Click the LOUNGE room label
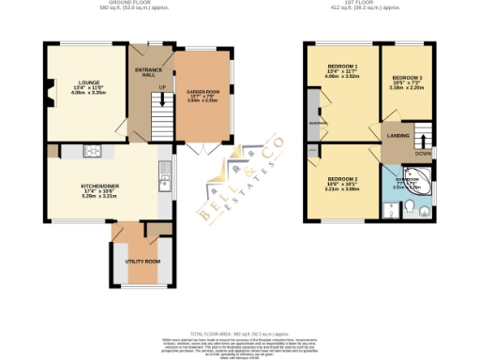[x=74, y=82]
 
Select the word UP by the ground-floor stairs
[x=162, y=87]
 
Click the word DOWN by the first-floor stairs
[x=423, y=153]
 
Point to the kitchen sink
[x=163, y=170]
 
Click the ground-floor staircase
[x=163, y=119]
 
